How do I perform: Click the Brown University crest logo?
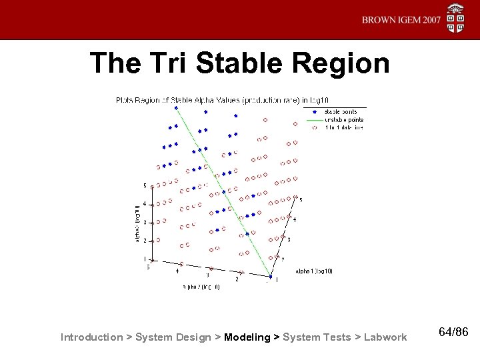(457, 18)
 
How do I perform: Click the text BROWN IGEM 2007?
(401, 20)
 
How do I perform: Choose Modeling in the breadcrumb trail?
(247, 337)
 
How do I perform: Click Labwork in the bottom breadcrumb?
(385, 337)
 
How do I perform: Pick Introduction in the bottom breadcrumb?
(92, 337)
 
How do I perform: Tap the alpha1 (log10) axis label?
(313, 271)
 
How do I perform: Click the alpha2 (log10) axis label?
(201, 287)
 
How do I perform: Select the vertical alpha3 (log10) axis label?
(136, 219)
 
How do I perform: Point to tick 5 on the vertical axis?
(145, 185)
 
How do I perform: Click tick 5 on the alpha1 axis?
(301, 199)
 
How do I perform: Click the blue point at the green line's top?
(176, 107)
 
